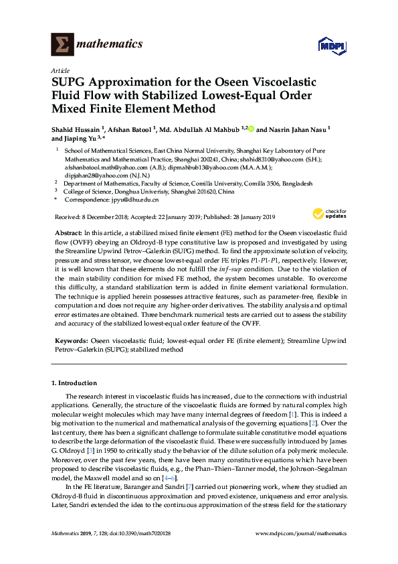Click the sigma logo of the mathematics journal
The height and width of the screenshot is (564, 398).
click(62, 44)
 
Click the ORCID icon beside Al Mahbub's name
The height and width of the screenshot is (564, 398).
click(252, 128)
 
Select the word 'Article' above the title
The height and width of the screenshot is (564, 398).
click(60, 70)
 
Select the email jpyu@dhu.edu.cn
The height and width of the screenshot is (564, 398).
click(135, 200)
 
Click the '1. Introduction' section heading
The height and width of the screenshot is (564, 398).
click(74, 383)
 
